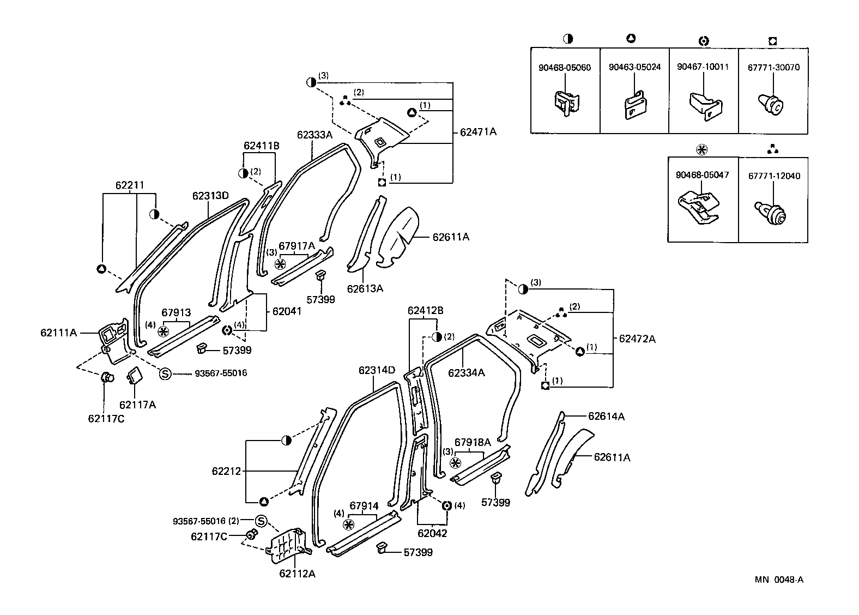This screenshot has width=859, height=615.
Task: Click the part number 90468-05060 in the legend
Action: pos(565,68)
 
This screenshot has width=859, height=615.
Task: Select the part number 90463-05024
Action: pos(634,67)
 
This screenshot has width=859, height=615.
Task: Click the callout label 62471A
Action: pos(478,132)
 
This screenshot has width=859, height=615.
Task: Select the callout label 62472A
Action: pos(637,339)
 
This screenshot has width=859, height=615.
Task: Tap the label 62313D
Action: pos(210,196)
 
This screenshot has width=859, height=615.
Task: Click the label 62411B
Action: pos(262,146)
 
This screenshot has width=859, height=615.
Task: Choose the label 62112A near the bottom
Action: pos(297,574)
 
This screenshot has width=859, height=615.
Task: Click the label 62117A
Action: pos(137,405)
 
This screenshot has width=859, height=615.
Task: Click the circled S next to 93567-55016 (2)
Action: pos(261,521)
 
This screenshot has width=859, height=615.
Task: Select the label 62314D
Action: pos(377,370)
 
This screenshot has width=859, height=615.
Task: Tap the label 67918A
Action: pos(473,442)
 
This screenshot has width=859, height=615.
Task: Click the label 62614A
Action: pos(606,417)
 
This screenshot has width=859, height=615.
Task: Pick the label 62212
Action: pos(226,471)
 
